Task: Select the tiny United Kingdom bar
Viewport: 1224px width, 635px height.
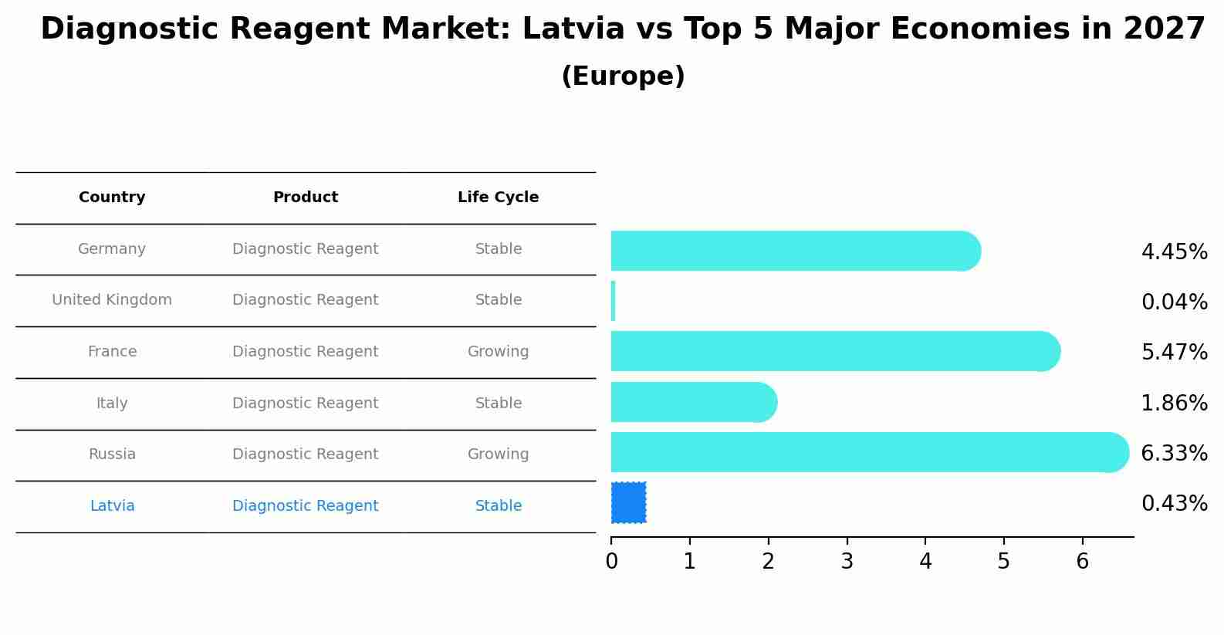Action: click(x=614, y=301)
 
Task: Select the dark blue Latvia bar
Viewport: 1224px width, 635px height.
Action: click(x=628, y=502)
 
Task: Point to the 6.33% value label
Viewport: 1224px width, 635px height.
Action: click(x=1174, y=454)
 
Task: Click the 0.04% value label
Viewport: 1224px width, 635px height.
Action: click(x=1174, y=302)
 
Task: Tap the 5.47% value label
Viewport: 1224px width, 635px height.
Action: click(x=1174, y=353)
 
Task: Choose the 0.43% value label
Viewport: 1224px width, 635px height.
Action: click(x=1174, y=504)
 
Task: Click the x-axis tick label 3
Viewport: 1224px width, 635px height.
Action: click(x=847, y=562)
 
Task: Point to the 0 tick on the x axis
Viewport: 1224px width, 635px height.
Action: click(x=611, y=562)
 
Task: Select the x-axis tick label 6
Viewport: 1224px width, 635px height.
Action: click(x=1082, y=562)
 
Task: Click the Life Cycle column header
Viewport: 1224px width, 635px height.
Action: click(x=498, y=198)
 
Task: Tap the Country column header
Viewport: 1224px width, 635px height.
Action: click(x=112, y=198)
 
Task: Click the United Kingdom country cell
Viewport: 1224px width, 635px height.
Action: click(x=112, y=300)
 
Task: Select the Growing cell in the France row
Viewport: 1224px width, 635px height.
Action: click(x=498, y=352)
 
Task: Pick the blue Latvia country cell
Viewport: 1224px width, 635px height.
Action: click(x=112, y=506)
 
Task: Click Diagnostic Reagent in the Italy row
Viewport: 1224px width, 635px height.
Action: click(x=305, y=404)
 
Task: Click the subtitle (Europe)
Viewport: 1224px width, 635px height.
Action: click(x=623, y=76)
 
